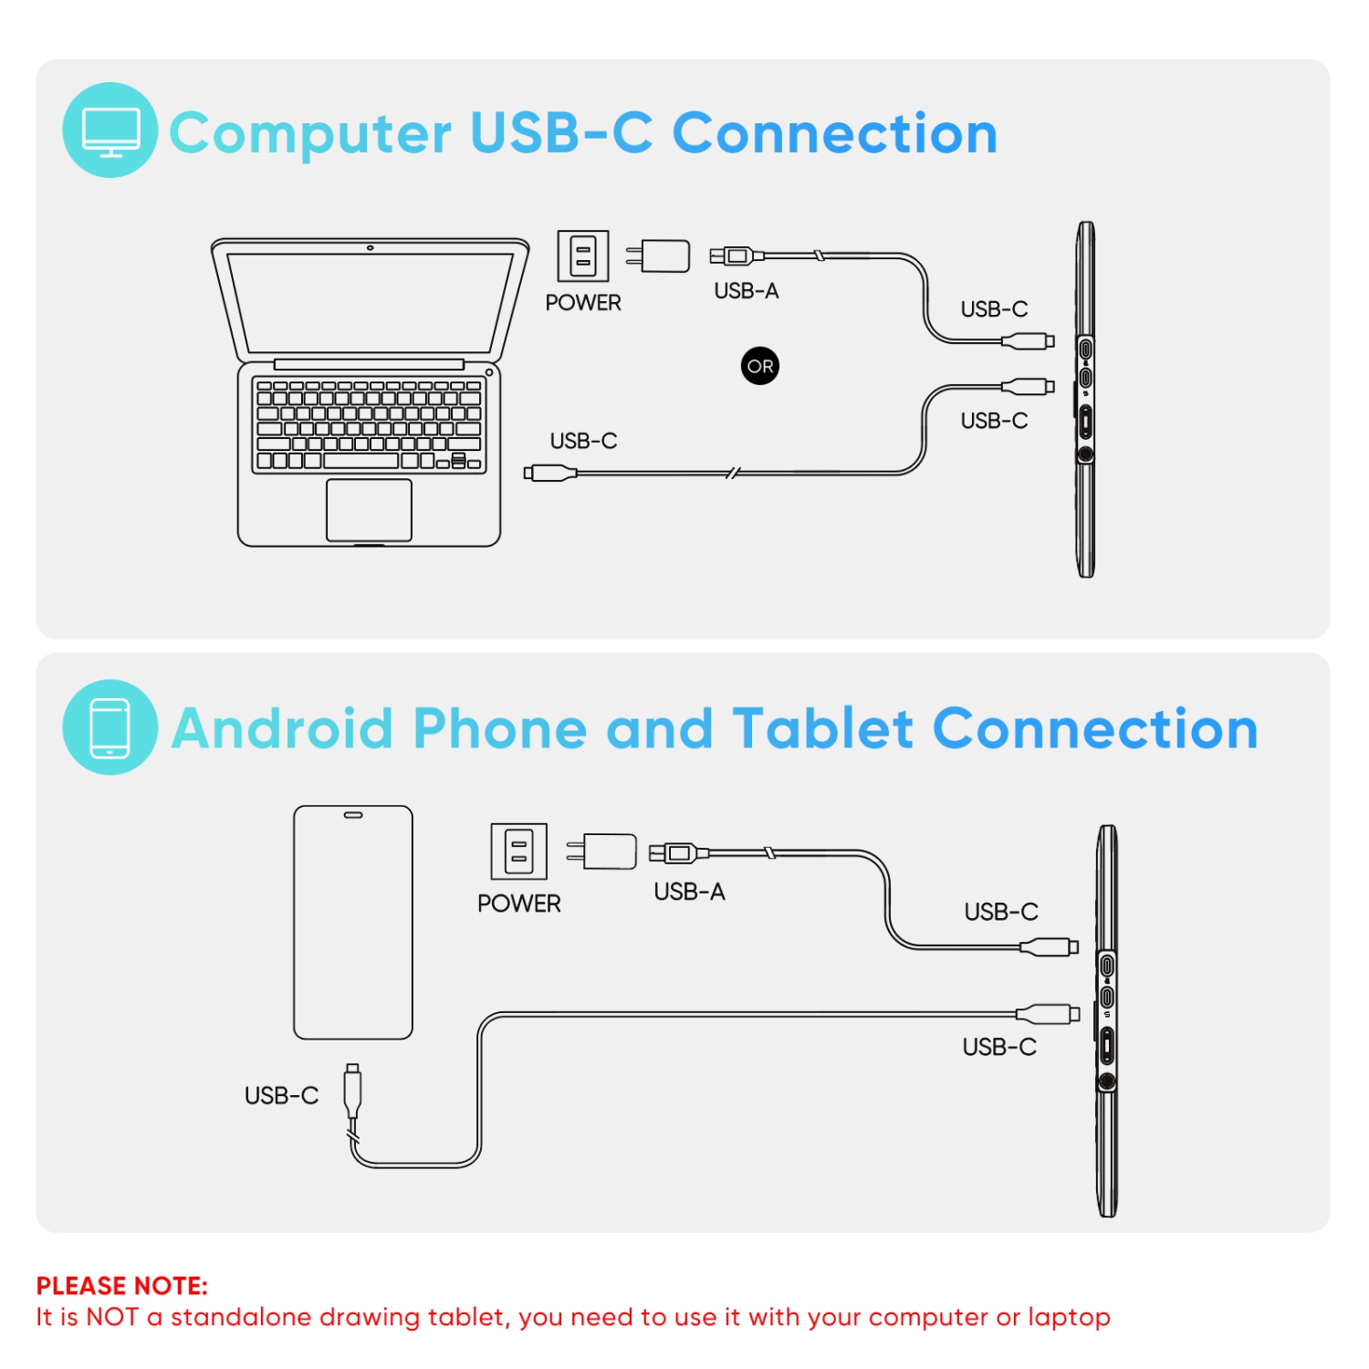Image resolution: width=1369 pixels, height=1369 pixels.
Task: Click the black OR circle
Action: tap(759, 366)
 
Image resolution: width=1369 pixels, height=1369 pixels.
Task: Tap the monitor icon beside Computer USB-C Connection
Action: tap(110, 131)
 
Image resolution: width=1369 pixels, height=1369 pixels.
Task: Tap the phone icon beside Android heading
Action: tap(110, 727)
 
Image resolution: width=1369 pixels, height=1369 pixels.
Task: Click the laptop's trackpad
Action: tap(369, 509)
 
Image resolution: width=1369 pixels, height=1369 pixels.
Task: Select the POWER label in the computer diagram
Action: tap(583, 302)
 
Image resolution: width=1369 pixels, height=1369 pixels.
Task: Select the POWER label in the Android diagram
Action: tap(518, 903)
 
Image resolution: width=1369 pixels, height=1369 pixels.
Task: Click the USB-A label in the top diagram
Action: tap(746, 290)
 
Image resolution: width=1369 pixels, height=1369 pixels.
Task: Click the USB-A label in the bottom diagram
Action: tap(689, 891)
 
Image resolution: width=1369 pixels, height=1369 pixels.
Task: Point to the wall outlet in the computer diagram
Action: tap(582, 256)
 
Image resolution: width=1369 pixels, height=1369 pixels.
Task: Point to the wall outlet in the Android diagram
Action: tap(518, 851)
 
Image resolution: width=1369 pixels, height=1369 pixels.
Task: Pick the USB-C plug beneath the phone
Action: tap(352, 1090)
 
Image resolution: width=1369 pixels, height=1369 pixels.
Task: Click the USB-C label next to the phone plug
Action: tap(281, 1095)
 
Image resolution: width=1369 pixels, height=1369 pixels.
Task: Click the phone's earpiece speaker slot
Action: tap(352, 815)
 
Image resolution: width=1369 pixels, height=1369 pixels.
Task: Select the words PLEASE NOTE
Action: tap(121, 1286)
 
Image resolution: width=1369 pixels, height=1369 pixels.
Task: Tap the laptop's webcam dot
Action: tap(370, 247)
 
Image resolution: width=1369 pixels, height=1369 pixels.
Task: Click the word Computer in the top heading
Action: tap(310, 133)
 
